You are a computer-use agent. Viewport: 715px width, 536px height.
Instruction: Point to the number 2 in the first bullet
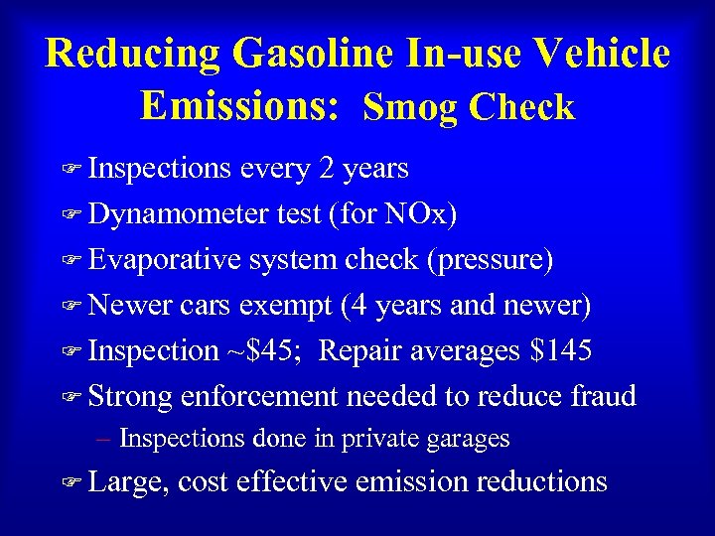coord(327,169)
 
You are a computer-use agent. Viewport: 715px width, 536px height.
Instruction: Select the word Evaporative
coord(164,260)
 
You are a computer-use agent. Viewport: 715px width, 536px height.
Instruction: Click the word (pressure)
coord(491,260)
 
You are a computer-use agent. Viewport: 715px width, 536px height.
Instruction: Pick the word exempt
coord(285,306)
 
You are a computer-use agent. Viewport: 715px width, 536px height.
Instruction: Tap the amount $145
coord(561,350)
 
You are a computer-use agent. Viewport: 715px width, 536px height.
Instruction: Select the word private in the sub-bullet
coord(385,438)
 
